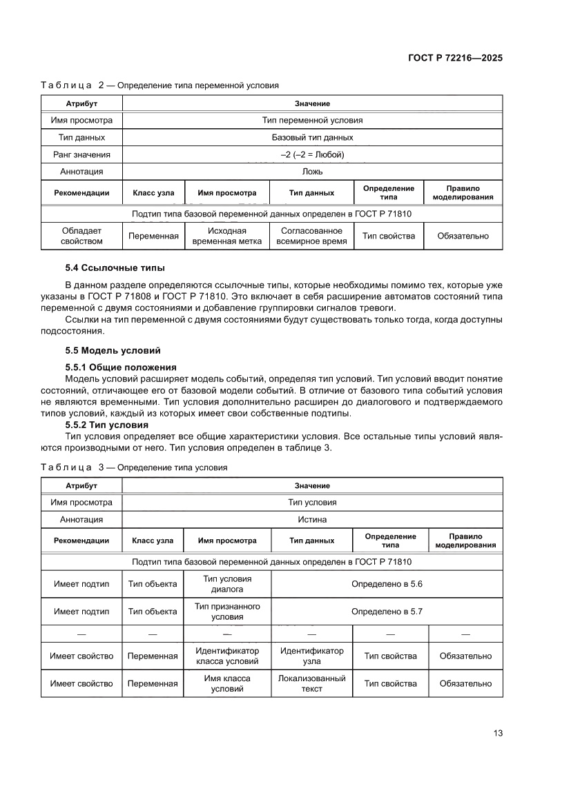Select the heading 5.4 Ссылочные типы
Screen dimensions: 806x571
[x=115, y=268]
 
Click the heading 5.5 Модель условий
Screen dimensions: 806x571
[x=113, y=350]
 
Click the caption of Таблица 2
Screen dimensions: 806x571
[x=159, y=85]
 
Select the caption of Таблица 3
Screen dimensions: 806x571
[x=133, y=467]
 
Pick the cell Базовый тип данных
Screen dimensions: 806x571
[x=312, y=137]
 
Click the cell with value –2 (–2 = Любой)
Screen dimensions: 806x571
[x=312, y=154]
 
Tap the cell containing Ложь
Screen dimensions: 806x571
[x=312, y=172]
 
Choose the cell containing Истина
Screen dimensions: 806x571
[x=312, y=519]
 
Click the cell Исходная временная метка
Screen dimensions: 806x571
[x=226, y=236]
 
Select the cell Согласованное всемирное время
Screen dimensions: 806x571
[x=311, y=236]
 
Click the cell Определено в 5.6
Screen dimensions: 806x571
[x=387, y=584]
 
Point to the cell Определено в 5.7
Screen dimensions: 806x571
[x=387, y=611]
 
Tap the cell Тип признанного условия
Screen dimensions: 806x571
[x=226, y=611]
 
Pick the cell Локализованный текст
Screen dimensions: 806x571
[x=311, y=683]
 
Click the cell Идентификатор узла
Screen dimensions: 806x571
[x=311, y=656]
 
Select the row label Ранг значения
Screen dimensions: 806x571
[x=81, y=154]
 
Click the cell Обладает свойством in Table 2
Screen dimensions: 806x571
[x=81, y=236]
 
